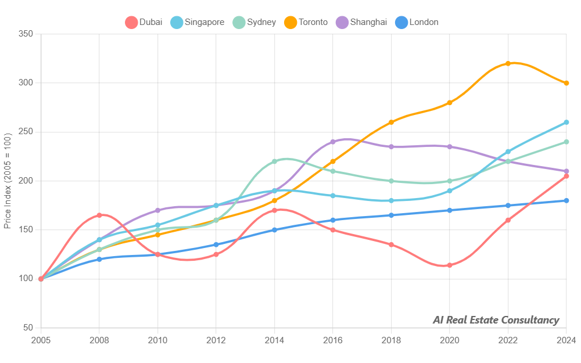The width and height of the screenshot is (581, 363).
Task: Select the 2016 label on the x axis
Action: tap(333, 340)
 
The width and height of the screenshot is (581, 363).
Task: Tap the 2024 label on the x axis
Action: tap(566, 340)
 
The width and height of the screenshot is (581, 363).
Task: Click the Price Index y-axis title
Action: tap(8, 181)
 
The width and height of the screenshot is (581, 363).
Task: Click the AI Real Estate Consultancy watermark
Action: tap(496, 320)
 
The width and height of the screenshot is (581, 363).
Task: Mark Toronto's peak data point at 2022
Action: tap(508, 63)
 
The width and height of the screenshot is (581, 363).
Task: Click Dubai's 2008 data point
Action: tap(99, 215)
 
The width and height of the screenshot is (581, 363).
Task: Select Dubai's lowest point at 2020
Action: tap(449, 265)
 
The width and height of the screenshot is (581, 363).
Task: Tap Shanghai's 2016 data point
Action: tap(333, 142)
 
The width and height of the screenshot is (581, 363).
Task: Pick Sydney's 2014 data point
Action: tap(274, 161)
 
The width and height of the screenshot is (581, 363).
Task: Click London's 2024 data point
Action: tap(566, 201)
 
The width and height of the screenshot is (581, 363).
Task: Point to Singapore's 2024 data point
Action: tap(566, 123)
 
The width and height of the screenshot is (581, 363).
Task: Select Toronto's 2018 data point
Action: tap(391, 122)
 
